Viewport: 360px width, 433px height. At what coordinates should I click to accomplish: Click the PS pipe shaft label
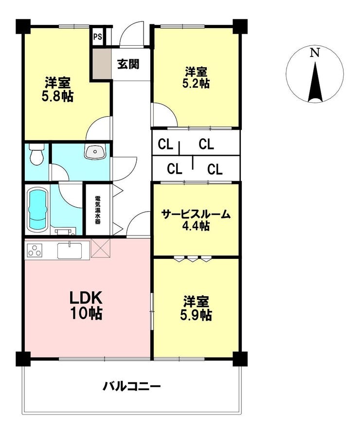(97, 36)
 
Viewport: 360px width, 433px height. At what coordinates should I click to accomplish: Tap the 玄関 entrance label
(128, 64)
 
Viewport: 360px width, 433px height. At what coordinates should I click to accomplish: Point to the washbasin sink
(95, 152)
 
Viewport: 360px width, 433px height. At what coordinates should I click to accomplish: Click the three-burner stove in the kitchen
(35, 251)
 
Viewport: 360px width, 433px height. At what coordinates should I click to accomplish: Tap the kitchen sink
(69, 250)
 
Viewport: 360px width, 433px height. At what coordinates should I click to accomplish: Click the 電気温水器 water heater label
(97, 210)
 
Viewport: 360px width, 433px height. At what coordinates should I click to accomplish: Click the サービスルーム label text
(196, 214)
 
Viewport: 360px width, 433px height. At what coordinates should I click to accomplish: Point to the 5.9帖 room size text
(196, 315)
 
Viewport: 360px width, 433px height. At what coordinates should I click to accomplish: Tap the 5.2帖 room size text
(196, 83)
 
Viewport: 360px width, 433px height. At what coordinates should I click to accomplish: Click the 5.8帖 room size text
(57, 96)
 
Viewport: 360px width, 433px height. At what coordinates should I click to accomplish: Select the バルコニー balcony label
(131, 386)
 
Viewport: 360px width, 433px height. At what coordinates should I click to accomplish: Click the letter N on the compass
(314, 53)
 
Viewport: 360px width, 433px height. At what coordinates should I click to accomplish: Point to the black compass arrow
(315, 82)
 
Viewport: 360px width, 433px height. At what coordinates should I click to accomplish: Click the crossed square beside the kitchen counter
(100, 248)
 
